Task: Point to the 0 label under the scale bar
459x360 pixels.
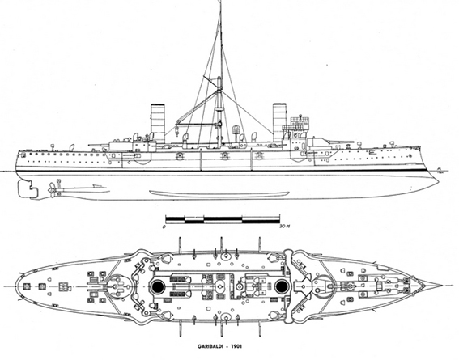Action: click(165, 227)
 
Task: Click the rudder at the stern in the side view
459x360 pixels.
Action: click(28, 188)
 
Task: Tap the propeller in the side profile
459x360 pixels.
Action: click(52, 190)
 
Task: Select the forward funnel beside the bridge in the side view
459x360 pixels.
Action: click(278, 123)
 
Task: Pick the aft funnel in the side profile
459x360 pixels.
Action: click(158, 123)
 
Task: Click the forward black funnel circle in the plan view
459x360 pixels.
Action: click(282, 286)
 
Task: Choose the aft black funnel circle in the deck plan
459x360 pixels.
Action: click(158, 286)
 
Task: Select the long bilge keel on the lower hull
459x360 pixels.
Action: click(219, 193)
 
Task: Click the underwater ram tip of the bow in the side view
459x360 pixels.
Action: click(437, 183)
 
